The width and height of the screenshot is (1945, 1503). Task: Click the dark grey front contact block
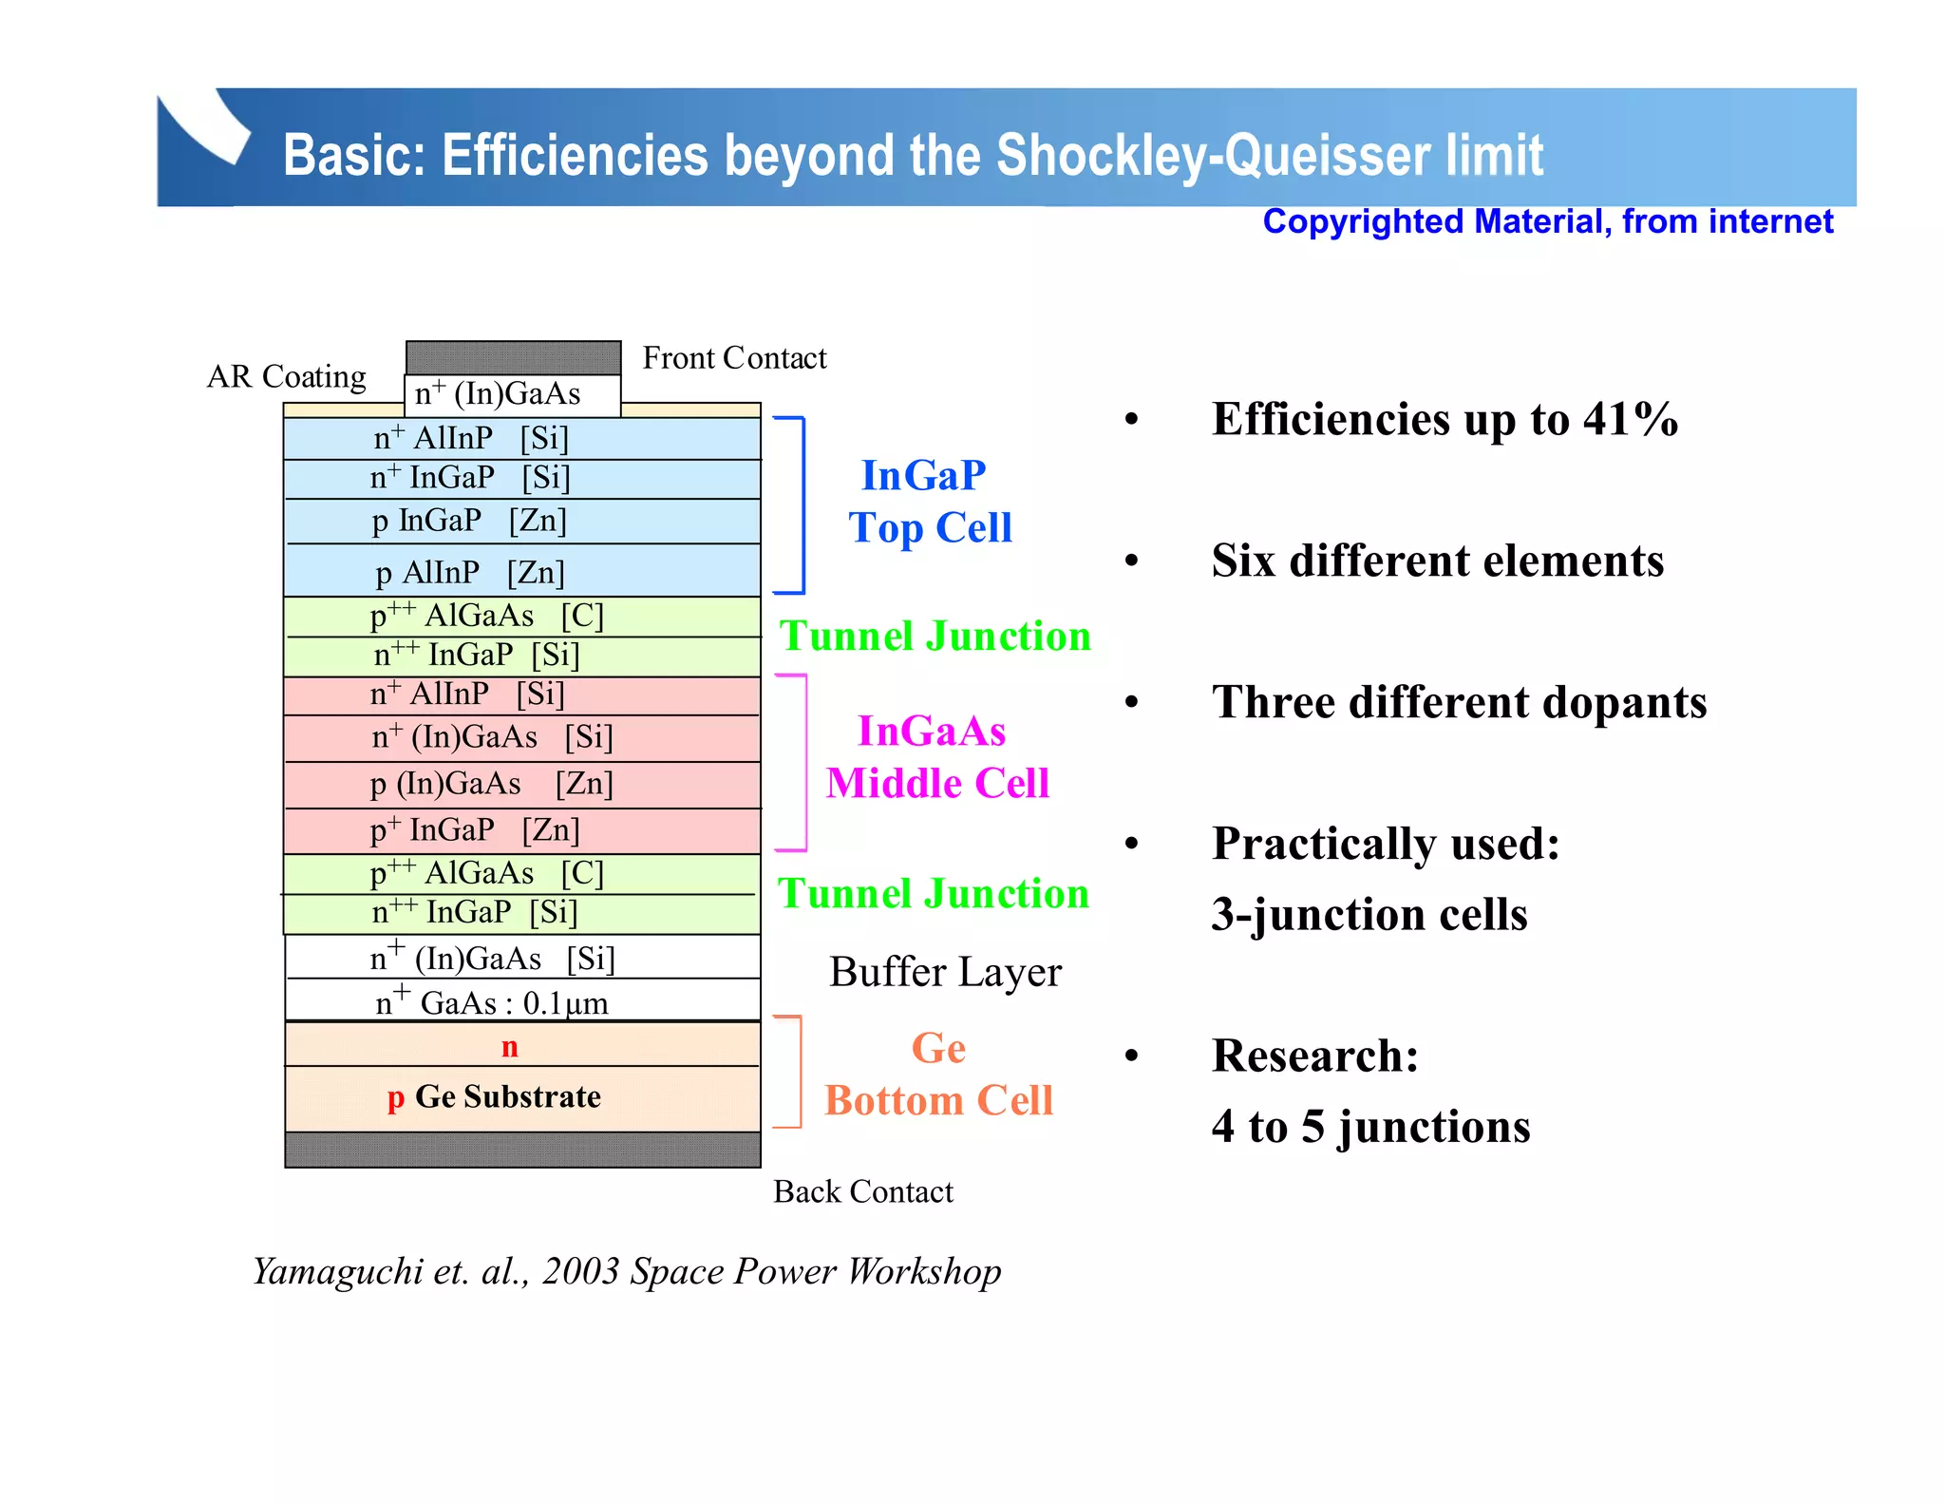[x=513, y=357]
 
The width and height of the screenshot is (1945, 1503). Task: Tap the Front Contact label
[x=734, y=358]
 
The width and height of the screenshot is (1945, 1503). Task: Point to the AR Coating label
[x=286, y=376]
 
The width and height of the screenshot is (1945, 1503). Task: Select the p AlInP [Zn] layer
[x=521, y=572]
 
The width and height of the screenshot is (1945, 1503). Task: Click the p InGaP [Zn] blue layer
[x=521, y=521]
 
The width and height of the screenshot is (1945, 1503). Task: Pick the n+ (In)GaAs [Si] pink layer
[x=521, y=737]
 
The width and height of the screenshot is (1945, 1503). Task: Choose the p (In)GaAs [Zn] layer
[x=521, y=784]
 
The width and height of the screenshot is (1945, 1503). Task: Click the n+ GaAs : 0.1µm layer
[x=521, y=1001]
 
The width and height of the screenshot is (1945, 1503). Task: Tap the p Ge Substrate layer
[x=521, y=1097]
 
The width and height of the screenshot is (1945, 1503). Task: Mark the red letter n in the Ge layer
[x=510, y=1046]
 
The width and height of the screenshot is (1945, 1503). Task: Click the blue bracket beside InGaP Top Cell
[x=803, y=504]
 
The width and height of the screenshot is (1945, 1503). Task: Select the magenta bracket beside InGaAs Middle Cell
[x=804, y=762]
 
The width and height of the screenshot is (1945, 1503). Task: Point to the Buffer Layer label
[x=945, y=972]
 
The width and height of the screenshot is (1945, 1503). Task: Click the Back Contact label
[x=862, y=1191]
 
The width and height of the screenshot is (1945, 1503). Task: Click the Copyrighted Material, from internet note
[x=1547, y=221]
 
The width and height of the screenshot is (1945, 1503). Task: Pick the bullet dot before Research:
[x=1131, y=1056]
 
